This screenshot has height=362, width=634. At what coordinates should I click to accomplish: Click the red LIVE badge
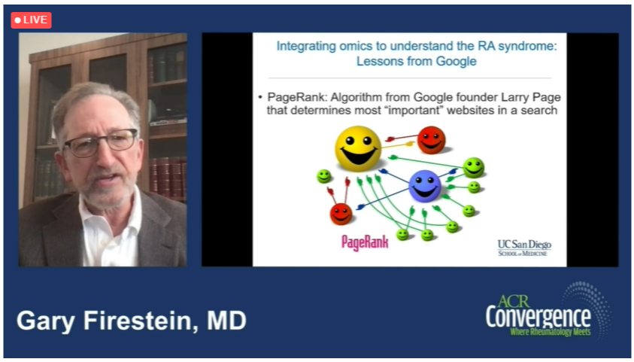[31, 20]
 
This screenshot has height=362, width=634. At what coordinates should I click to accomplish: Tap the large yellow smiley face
[358, 148]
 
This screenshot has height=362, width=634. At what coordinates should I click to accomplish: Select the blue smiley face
[424, 186]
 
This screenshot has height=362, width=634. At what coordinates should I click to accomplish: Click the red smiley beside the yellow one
[431, 140]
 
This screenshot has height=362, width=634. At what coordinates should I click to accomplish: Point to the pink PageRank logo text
[365, 242]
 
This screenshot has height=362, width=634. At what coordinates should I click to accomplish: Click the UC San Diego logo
[524, 248]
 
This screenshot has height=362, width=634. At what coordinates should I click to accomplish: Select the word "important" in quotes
[411, 110]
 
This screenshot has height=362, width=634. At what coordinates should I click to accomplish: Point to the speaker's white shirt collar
[109, 218]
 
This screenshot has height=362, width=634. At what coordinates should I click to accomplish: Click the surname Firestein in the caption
[141, 321]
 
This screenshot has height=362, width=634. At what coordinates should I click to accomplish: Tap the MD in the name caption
[227, 321]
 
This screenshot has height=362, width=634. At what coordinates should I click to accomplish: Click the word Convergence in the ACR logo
[538, 318]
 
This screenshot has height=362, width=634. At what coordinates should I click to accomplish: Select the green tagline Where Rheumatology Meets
[551, 333]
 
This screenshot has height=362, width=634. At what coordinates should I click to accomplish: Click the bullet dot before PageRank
[260, 98]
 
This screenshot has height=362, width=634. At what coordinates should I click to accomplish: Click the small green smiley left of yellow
[323, 176]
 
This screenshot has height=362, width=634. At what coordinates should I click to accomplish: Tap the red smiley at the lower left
[341, 214]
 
